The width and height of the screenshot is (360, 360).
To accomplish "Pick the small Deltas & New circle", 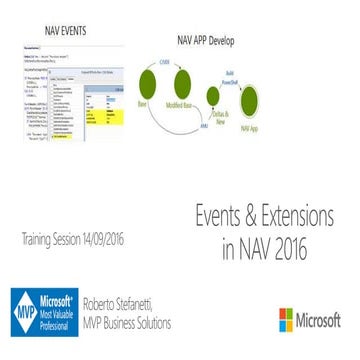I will coord(213,98).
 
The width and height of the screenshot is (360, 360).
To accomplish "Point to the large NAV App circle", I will coord(250,101).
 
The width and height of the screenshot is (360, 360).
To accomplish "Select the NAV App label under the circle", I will coord(251,127).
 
